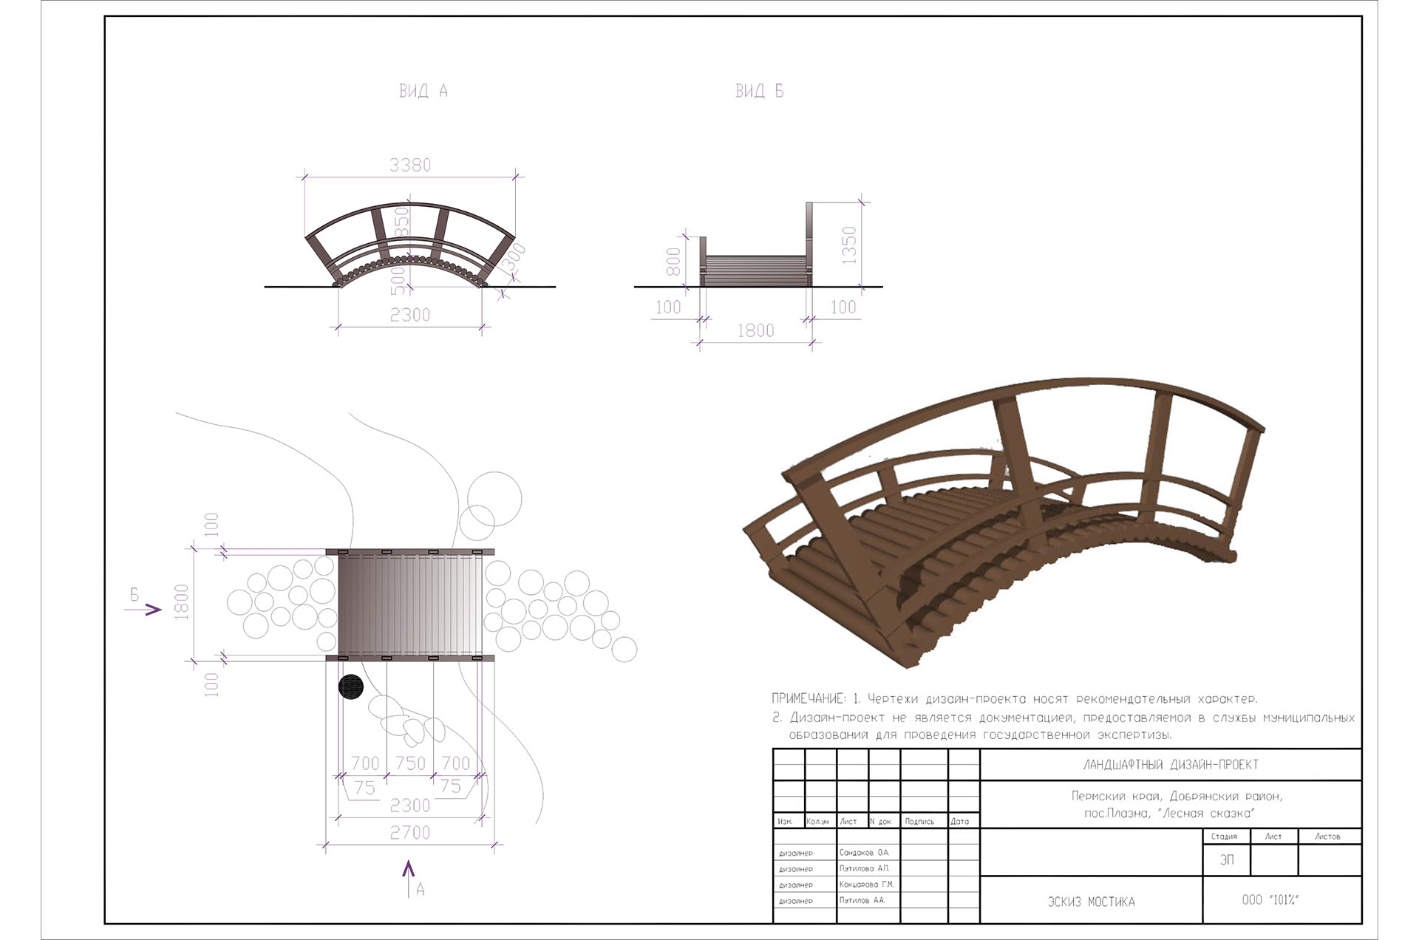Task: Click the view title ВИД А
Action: [423, 91]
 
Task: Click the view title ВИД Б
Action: [759, 91]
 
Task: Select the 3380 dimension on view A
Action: [410, 165]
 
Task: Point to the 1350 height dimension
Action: [849, 245]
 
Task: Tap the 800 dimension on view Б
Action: [673, 262]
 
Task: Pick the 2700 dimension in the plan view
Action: [410, 833]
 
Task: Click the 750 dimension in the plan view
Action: [410, 763]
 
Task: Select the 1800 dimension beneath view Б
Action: [755, 330]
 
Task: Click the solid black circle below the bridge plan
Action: [351, 687]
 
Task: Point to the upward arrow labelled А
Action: [409, 876]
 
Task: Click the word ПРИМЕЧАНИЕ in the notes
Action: [808, 698]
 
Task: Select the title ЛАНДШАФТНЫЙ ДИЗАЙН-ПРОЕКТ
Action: [1170, 765]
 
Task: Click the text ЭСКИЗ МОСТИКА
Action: [1091, 902]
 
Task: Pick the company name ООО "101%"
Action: [1270, 899]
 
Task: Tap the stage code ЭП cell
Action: [1227, 860]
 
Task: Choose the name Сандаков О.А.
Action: [865, 853]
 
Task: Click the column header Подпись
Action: [919, 821]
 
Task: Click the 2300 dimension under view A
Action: [410, 315]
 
